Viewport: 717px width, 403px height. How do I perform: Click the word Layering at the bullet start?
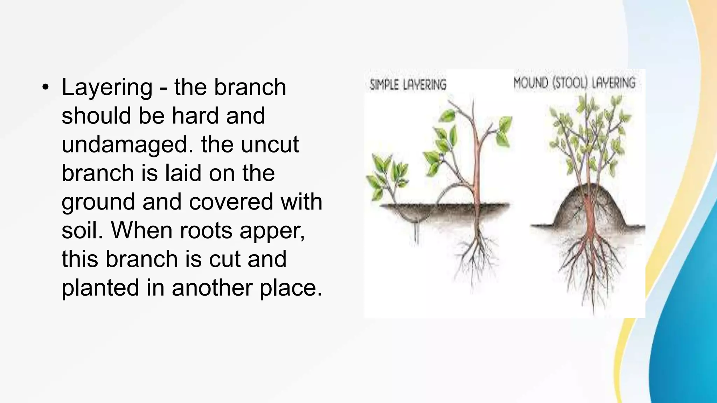pos(107,87)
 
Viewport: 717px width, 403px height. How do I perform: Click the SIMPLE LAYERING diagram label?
pos(408,85)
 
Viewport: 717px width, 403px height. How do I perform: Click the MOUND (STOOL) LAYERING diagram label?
pos(574,83)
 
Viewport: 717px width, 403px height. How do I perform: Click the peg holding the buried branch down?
pos(417,233)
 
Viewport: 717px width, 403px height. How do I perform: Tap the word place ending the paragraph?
pos(290,288)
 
